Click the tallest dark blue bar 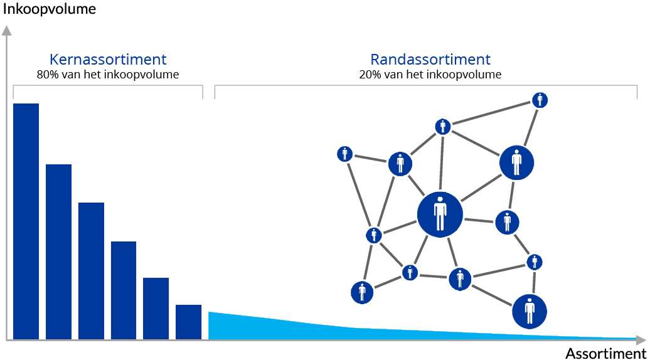point(26,221)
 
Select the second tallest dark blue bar point(58,252)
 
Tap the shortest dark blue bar point(189,322)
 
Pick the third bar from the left point(91,271)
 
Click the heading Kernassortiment point(108,59)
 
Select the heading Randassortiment point(430,59)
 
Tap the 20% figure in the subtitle point(370,75)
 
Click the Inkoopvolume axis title point(50,9)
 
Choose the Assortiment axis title point(605,353)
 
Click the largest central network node point(440,214)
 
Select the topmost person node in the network point(540,100)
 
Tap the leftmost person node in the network point(345,154)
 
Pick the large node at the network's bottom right point(530,312)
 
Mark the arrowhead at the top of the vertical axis point(7,30)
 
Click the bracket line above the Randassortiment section point(426,86)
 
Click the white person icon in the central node point(440,214)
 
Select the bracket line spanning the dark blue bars point(108,86)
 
